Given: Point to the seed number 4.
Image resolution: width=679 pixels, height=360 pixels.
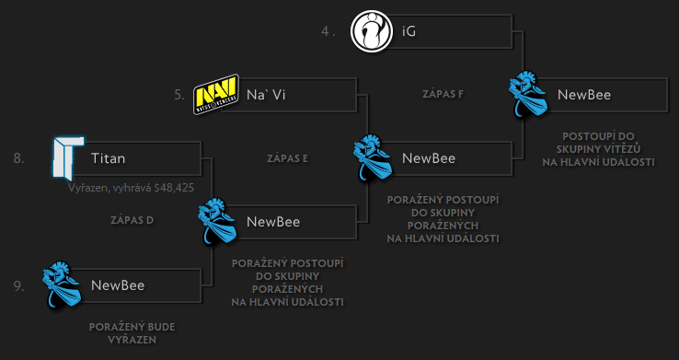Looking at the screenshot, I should point(326,31).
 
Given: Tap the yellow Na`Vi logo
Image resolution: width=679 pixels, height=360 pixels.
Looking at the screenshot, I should point(216,94).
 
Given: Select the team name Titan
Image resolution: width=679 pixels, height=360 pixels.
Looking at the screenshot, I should point(108,158).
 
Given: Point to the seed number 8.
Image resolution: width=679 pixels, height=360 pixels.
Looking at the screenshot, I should point(18,158).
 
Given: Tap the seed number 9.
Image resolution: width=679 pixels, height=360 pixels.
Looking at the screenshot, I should point(18,285).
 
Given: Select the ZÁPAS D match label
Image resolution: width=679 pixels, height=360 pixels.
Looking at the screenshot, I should point(131,220).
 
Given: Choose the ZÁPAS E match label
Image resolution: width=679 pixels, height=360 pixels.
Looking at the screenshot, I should point(286,157).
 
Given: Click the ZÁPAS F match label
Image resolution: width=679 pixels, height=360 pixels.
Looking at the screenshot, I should point(443,94).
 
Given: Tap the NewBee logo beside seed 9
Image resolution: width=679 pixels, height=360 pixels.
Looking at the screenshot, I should point(63,285).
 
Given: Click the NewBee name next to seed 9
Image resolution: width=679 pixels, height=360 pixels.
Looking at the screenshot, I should point(118,285).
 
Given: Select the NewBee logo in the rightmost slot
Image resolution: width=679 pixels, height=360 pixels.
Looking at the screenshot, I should point(529,94).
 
